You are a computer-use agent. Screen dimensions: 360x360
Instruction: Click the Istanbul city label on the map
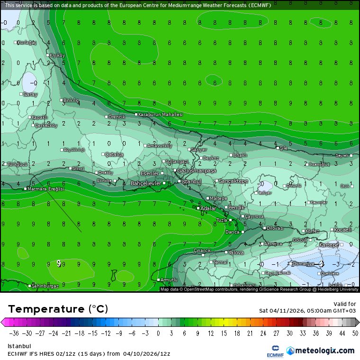(190, 181)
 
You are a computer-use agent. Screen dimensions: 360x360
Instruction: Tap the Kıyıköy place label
(57, 55)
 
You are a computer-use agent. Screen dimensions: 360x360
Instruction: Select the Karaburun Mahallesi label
(160, 115)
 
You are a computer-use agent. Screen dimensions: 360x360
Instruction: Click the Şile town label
(284, 148)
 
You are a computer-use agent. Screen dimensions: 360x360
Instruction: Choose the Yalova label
(236, 252)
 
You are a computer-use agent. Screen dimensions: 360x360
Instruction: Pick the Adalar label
(208, 208)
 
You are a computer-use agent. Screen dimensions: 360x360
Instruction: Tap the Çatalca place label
(114, 154)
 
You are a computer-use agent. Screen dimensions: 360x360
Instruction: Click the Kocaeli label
(342, 229)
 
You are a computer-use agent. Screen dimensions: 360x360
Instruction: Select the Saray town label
(30, 95)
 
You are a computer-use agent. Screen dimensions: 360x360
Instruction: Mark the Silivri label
(78, 168)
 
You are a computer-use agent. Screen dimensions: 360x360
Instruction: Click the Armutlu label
(169, 280)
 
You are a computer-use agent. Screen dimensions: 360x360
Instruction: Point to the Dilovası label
(275, 228)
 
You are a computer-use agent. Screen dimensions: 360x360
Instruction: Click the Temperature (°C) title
(58, 309)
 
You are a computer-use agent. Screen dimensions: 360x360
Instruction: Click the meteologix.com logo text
(324, 351)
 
